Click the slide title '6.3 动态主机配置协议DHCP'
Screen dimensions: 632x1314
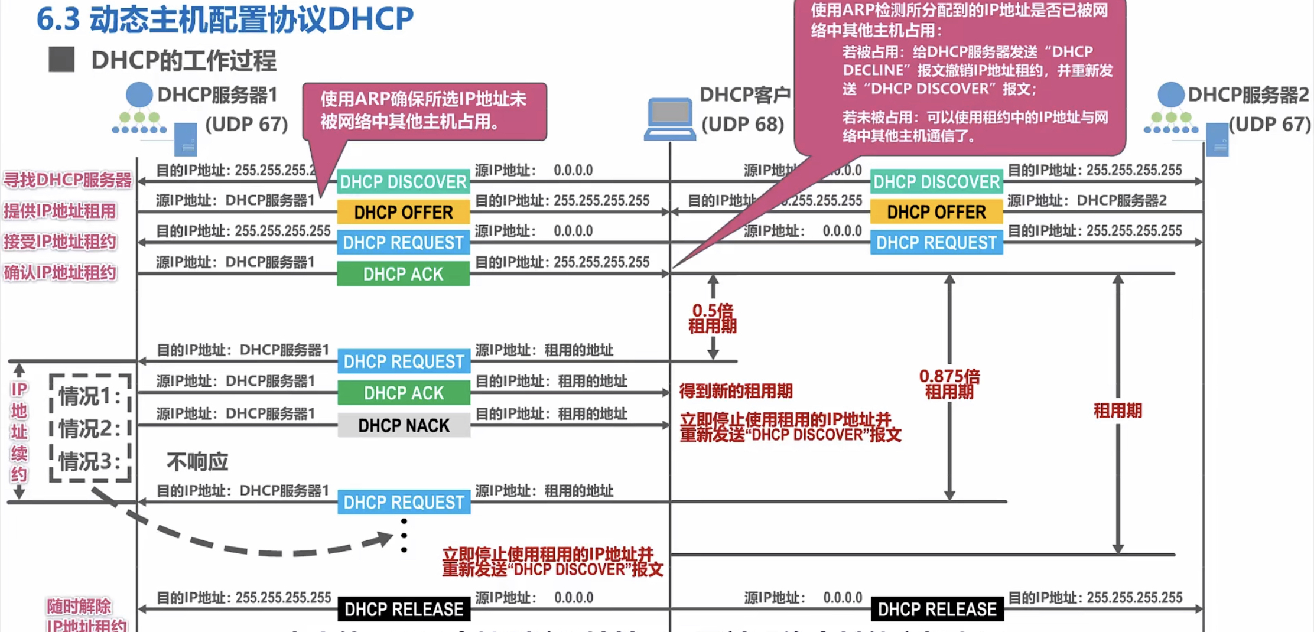point(225,19)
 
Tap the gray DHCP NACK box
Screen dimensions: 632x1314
point(404,425)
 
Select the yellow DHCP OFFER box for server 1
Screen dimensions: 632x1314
point(404,212)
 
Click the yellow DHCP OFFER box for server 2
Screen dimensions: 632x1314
point(936,212)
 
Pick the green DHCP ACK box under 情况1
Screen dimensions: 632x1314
point(404,393)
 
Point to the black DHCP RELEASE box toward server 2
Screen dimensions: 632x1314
point(936,609)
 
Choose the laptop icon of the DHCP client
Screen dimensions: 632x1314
point(669,118)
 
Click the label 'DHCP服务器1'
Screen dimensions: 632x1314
point(217,95)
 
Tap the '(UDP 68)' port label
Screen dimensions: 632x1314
point(743,124)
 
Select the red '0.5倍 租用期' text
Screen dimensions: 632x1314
point(713,318)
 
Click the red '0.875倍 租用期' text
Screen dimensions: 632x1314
point(949,383)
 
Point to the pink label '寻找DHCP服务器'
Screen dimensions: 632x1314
point(67,180)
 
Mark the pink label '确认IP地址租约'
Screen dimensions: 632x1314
point(60,273)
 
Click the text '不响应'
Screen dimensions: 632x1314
point(197,461)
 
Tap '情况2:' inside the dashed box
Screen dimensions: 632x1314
point(89,428)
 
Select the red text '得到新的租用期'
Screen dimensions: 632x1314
point(736,391)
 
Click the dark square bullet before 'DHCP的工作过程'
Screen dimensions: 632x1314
point(61,60)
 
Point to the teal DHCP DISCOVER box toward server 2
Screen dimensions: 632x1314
point(936,182)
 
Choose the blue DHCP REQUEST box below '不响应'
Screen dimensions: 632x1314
point(404,503)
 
